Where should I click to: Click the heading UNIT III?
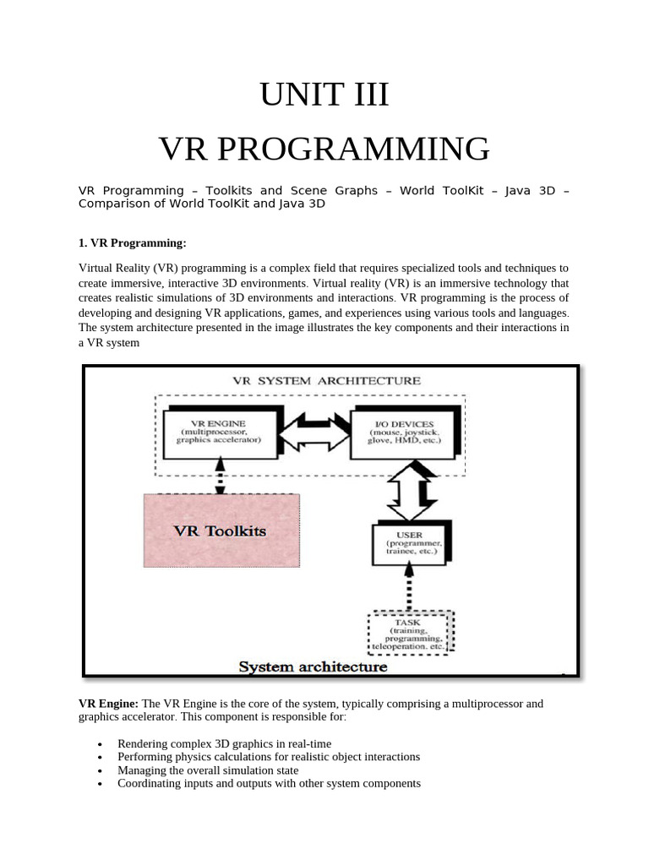point(324,95)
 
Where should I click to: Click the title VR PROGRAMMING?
point(324,149)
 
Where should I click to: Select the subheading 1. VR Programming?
point(132,243)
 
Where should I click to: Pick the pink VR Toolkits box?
point(219,530)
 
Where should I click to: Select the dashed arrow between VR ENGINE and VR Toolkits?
point(221,476)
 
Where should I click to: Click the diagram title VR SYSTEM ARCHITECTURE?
point(325,380)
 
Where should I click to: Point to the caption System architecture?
point(313,666)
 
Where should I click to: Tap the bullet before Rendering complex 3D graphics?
point(101,743)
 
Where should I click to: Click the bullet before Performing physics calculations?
point(101,757)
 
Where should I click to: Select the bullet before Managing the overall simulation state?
point(101,770)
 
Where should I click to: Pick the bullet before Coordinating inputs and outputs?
point(101,784)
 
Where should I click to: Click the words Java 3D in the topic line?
point(530,191)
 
